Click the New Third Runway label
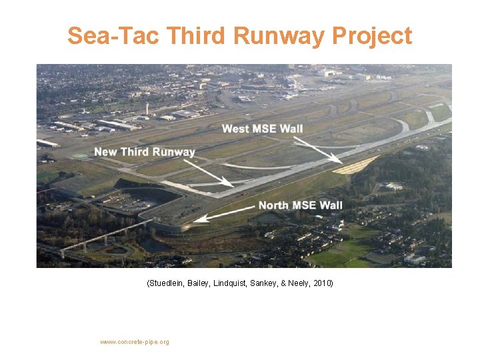pos(145,151)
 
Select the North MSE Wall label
pos(301,205)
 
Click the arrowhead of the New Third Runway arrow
pos(231,185)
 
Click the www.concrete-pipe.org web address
pos(135,342)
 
